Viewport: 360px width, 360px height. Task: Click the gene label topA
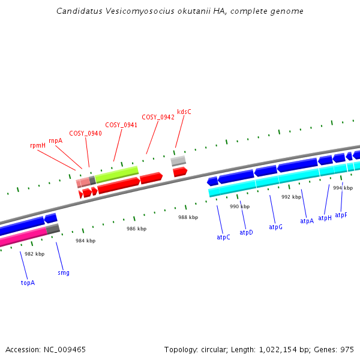coord(28,283)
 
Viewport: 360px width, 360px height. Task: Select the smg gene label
coord(64,272)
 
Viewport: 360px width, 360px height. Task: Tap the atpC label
coord(223,238)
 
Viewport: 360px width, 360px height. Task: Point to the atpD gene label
coord(246,232)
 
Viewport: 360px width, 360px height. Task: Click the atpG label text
coord(275,227)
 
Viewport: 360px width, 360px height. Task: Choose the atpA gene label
coord(307,221)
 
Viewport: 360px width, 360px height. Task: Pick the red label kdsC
coord(184,112)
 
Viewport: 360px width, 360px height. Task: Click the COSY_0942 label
coord(158,117)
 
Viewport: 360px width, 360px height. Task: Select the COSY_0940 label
coord(85,133)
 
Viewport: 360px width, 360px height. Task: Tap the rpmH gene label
coord(38,145)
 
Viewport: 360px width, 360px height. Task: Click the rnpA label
coord(55,140)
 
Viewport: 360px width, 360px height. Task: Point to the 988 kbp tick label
coord(188,217)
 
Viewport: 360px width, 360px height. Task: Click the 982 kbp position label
coord(34,254)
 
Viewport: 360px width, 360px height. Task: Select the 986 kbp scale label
coord(136,229)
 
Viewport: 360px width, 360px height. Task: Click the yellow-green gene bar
coord(117,174)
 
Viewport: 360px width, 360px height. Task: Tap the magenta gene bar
coord(24,236)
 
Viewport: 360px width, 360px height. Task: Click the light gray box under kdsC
coord(178,161)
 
